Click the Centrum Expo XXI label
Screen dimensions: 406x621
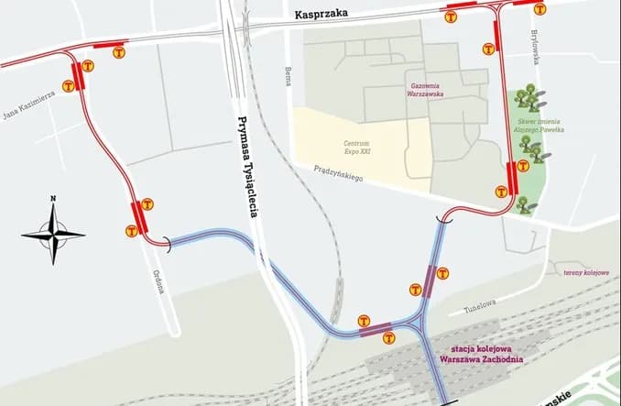pyautogui.click(x=356, y=148)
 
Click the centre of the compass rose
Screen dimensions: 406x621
pyautogui.click(x=53, y=235)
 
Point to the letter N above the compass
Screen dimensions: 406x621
pyautogui.click(x=53, y=199)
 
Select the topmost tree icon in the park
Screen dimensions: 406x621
pyautogui.click(x=527, y=96)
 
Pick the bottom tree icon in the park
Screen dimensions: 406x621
pyautogui.click(x=525, y=204)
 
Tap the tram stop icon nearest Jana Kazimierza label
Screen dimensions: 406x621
pyautogui.click(x=69, y=86)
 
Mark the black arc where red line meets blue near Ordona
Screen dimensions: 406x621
pyautogui.click(x=166, y=242)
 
